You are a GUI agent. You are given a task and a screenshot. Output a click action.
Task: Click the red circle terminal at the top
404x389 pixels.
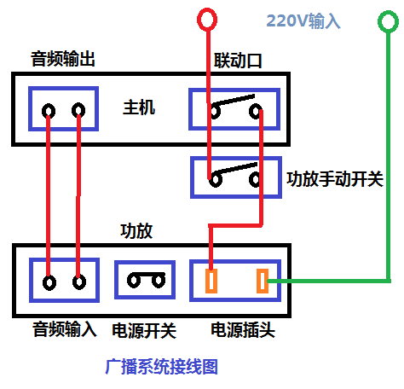[207, 20]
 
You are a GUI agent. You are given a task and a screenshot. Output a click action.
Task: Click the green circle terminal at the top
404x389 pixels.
[388, 21]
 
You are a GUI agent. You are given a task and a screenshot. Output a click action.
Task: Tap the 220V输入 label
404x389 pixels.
[303, 21]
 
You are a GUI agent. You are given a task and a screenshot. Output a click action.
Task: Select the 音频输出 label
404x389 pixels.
[63, 59]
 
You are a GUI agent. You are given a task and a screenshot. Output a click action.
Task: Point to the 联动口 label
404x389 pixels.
[238, 61]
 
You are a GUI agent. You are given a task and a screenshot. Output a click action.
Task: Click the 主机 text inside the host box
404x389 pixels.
[139, 107]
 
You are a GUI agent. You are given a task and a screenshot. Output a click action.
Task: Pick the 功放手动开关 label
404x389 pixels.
[335, 179]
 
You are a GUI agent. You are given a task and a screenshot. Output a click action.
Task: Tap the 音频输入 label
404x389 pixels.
[65, 329]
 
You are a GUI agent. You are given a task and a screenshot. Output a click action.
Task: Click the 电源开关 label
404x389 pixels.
[144, 331]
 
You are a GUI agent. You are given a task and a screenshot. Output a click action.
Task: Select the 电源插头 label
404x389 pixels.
[243, 330]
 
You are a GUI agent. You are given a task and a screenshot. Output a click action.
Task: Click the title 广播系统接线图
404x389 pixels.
[161, 367]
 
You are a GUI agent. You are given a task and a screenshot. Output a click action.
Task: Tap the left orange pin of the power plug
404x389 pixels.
[211, 281]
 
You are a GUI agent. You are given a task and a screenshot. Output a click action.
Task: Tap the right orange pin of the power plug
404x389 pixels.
[263, 281]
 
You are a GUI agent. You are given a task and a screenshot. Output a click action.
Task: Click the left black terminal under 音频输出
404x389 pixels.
[49, 111]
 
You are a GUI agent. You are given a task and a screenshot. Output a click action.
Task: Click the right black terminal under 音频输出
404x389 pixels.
[78, 110]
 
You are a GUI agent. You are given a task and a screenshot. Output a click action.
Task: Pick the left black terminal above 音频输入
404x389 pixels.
[49, 282]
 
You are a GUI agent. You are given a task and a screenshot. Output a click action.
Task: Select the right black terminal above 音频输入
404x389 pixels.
[79, 282]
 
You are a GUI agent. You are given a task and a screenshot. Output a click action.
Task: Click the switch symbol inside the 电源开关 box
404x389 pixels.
[147, 280]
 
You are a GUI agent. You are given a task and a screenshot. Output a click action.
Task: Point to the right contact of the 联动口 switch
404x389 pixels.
[256, 111]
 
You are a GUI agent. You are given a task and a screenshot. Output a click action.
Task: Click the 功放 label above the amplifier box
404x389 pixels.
[136, 230]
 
